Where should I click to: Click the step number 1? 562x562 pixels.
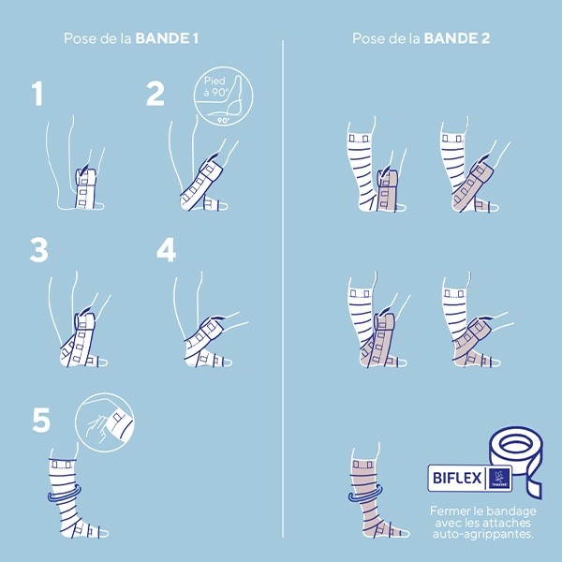[37, 95]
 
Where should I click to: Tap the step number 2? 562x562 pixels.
[155, 95]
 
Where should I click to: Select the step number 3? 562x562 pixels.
[39, 250]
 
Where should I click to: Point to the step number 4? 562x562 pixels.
[166, 250]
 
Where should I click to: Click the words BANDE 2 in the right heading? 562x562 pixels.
[456, 38]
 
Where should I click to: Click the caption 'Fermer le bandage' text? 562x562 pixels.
[481, 511]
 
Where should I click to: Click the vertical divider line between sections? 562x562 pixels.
[284, 281]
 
